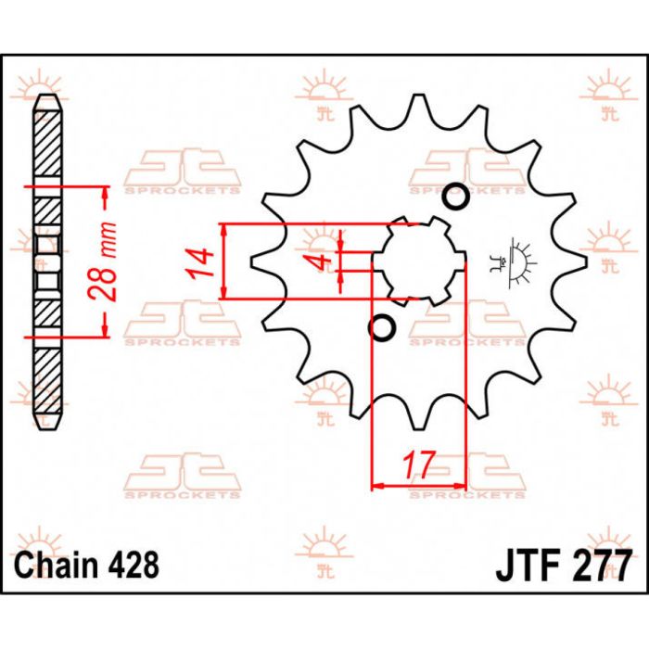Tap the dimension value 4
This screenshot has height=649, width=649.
[321, 263]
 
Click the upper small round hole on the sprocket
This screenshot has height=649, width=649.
[456, 197]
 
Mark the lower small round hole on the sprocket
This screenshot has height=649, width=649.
[381, 326]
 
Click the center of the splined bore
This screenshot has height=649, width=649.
[418, 262]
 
